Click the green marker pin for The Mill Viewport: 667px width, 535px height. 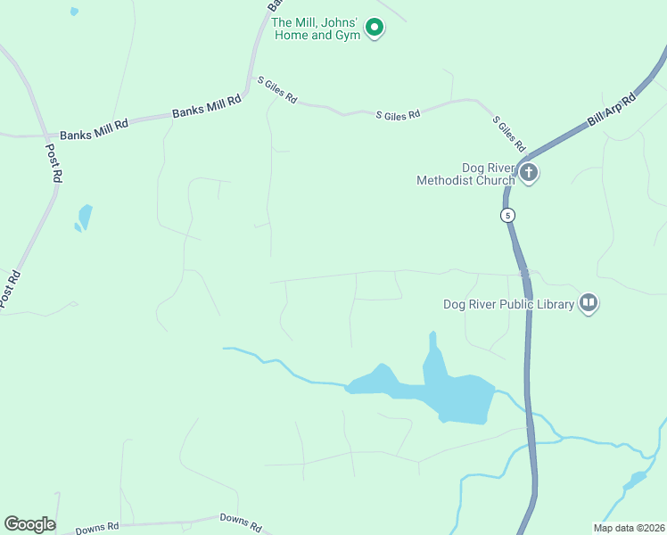[375, 29]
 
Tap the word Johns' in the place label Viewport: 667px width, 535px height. [339, 23]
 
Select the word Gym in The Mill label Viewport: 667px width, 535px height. [348, 36]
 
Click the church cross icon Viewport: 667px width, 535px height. [529, 172]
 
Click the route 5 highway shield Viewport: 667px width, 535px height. [507, 215]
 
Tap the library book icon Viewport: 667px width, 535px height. [588, 303]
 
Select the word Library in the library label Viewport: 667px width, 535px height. [553, 304]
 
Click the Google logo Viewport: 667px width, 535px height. [29, 524]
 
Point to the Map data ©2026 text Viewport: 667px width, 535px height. [628, 528]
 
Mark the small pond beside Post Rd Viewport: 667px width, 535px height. [85, 217]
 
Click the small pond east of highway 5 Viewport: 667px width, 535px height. [635, 481]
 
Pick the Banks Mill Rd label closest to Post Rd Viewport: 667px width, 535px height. [94, 126]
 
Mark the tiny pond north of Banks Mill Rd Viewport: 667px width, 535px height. [74, 12]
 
